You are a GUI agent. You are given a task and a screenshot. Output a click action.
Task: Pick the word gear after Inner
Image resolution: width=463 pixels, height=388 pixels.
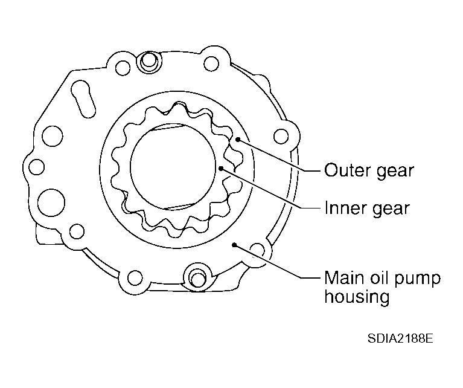coord(389,210)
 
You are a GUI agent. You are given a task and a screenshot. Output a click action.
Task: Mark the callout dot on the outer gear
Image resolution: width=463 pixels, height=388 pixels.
coord(238,140)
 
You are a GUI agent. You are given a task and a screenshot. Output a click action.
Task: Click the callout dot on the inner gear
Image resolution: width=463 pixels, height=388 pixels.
coord(222,167)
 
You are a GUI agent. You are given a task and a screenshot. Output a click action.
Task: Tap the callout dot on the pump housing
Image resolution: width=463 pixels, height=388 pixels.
coord(234,245)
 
